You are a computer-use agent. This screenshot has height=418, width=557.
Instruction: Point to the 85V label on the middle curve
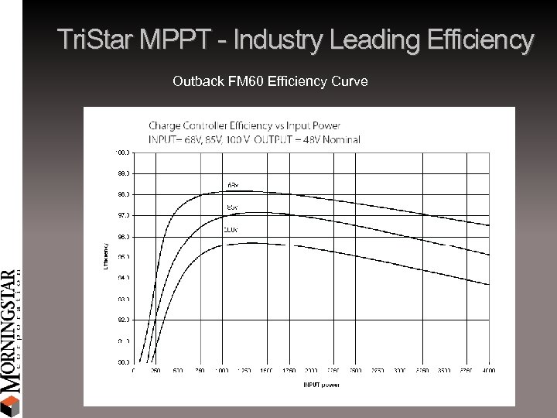click(231, 207)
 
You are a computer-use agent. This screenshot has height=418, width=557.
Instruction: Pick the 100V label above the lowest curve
click(231, 229)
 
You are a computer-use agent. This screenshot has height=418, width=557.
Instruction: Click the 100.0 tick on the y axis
click(123, 152)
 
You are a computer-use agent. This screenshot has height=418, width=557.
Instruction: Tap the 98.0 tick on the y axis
click(123, 194)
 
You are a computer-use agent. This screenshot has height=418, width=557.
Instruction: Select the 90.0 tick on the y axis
click(123, 361)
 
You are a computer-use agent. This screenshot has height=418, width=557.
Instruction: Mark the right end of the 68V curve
click(489, 225)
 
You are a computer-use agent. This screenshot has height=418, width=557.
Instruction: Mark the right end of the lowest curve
click(489, 285)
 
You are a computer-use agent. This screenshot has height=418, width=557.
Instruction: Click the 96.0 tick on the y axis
click(123, 235)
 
